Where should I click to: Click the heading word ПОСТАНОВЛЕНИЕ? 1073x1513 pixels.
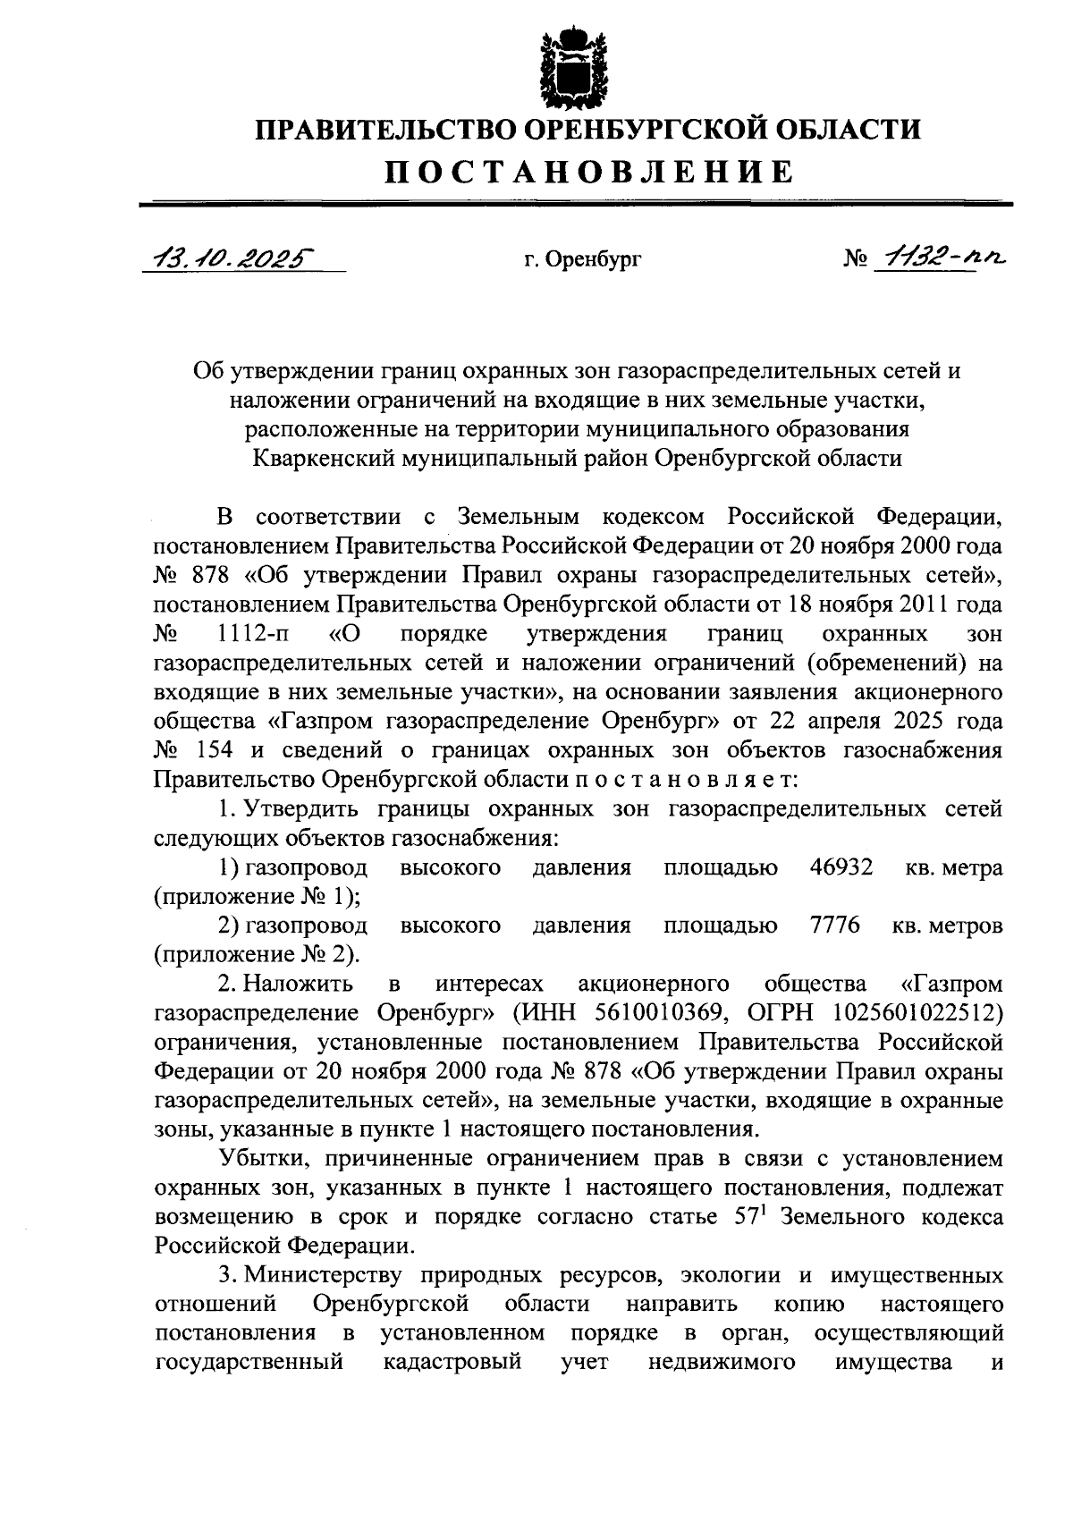coord(589,171)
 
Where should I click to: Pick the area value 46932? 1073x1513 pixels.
coord(841,867)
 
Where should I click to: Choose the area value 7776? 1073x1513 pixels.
coord(834,925)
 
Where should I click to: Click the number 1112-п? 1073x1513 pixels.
coord(252,634)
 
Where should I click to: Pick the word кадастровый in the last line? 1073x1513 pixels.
coord(452,1362)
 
